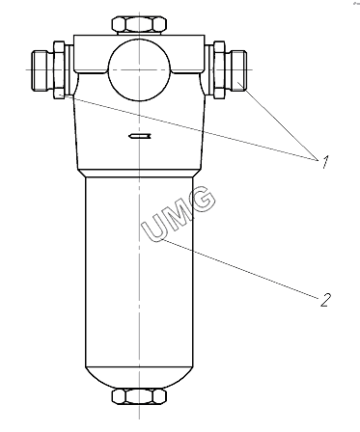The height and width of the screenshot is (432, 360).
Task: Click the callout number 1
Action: [325, 162]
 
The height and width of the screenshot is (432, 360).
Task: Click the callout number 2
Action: [325, 300]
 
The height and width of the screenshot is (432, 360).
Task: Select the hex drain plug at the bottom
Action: [139, 396]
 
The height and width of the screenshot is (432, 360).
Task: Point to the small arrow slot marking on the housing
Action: [140, 137]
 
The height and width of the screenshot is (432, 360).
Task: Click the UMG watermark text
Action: [178, 214]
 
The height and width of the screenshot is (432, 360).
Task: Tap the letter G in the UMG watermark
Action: [201, 200]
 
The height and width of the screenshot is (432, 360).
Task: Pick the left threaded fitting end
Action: [40, 70]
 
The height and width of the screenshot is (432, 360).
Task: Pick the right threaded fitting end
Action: [238, 70]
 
